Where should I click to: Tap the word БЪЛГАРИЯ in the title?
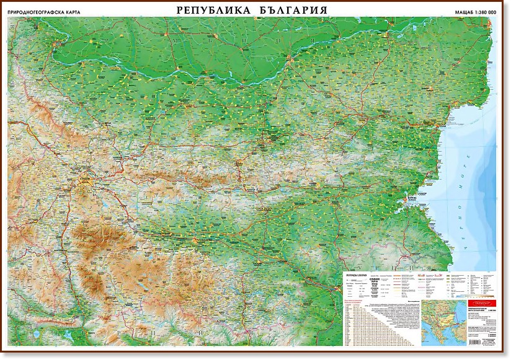pos(290,11)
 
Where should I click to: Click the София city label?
pos(84,180)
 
